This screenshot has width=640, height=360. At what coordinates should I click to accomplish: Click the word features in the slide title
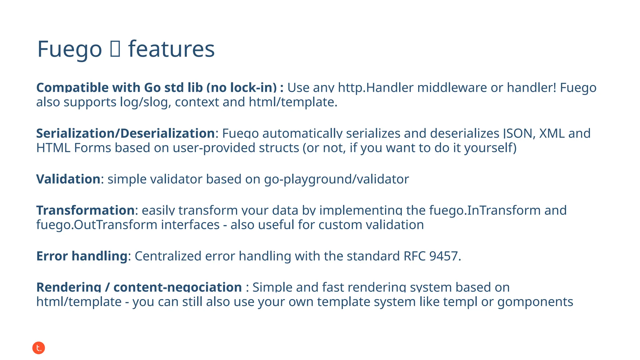171,49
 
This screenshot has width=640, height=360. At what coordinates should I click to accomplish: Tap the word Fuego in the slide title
70,49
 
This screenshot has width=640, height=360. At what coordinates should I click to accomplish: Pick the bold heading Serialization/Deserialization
125,133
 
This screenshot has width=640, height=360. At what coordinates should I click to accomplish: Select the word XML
552,133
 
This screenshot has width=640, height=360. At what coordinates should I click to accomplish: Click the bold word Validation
68,179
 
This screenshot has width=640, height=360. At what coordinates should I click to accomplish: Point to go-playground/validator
336,179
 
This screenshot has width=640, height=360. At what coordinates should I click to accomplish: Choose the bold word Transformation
85,210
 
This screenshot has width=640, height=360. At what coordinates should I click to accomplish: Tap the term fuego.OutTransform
97,225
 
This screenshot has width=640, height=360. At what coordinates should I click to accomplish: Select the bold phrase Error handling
82,256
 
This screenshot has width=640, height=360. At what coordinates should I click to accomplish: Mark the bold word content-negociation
177,287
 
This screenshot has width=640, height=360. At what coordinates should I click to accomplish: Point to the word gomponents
535,302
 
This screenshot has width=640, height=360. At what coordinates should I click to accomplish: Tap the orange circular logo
39,348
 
